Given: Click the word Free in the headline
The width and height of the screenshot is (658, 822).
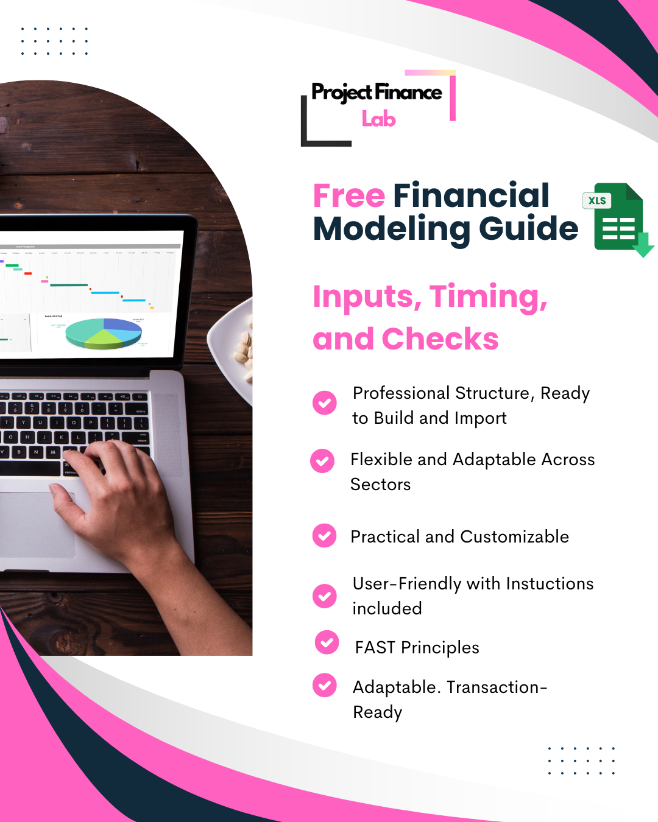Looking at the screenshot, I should pyautogui.click(x=349, y=196).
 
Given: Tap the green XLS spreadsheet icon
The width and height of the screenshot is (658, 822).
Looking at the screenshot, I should pyautogui.click(x=618, y=218).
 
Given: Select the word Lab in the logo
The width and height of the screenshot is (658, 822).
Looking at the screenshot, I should pyautogui.click(x=378, y=119).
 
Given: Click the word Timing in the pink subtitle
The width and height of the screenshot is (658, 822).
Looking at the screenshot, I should pyautogui.click(x=488, y=297).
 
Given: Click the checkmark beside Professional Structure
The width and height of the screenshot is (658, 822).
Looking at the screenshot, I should pyautogui.click(x=325, y=402).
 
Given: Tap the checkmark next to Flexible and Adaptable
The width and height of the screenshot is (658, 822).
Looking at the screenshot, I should pyautogui.click(x=322, y=461).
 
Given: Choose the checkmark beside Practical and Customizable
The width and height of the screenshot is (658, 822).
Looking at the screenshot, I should pyautogui.click(x=325, y=536).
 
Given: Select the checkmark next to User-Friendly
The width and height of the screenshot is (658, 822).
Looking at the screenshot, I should pyautogui.click(x=325, y=596).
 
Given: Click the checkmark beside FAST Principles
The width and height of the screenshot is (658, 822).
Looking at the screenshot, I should pyautogui.click(x=327, y=642).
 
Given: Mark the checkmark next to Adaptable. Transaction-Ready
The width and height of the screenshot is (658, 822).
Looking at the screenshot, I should pyautogui.click(x=325, y=685).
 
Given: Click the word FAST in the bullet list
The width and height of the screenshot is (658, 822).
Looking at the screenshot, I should pyautogui.click(x=375, y=647).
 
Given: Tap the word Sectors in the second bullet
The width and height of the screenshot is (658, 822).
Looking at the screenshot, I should pyautogui.click(x=380, y=485).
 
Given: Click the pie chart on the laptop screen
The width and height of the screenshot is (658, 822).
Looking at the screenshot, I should pyautogui.click(x=104, y=333).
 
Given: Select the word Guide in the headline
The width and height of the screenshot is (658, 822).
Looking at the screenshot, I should pyautogui.click(x=528, y=229).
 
